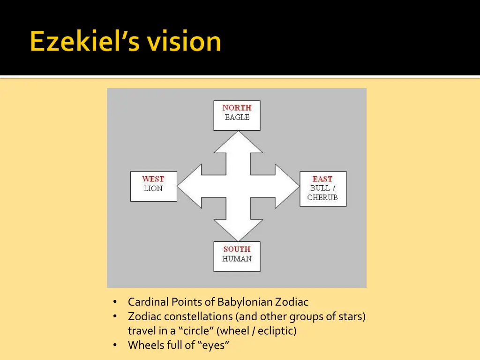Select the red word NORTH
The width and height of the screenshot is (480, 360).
pos(237,108)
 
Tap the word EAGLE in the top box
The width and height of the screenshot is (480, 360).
pos(237,117)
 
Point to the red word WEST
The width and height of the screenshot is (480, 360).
pos(153,179)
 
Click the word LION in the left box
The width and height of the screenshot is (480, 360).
pos(153,188)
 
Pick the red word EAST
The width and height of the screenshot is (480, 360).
pos(322,179)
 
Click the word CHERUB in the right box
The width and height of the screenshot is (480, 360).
pos(322,197)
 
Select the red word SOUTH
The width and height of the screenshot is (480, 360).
pos(237,249)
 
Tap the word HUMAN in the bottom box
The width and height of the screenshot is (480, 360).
pos(237,259)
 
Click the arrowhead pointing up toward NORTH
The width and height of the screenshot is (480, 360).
pos(238,143)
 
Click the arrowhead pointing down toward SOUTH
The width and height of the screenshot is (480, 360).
pos(238,230)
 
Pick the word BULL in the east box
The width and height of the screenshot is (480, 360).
pos(319,188)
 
